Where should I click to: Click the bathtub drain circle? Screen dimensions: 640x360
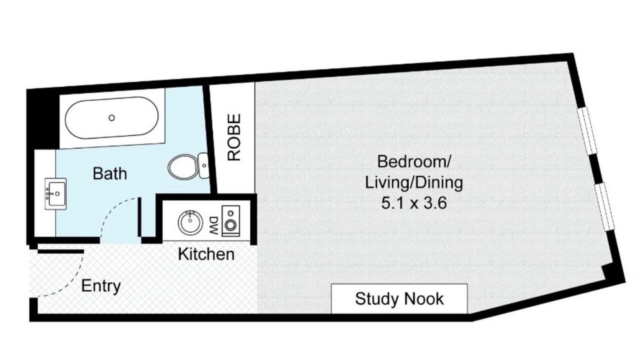111,117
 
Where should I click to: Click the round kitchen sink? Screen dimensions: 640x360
188,223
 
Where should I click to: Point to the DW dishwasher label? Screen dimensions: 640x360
214,225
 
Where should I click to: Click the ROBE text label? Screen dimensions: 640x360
234,137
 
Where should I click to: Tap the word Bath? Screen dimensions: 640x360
110,173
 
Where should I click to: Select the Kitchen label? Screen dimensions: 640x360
206,254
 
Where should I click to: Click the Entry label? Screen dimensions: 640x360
101,286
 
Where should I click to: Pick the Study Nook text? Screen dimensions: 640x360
399,299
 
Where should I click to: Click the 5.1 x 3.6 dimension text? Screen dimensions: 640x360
414,203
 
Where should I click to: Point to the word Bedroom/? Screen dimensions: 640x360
414,161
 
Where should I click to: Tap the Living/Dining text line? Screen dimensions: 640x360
414,183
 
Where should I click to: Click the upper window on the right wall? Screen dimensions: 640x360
587,131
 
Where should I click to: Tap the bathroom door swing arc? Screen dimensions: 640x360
113,210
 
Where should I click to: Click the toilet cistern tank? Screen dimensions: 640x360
204,165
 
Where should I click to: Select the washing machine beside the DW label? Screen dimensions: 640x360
231,221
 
